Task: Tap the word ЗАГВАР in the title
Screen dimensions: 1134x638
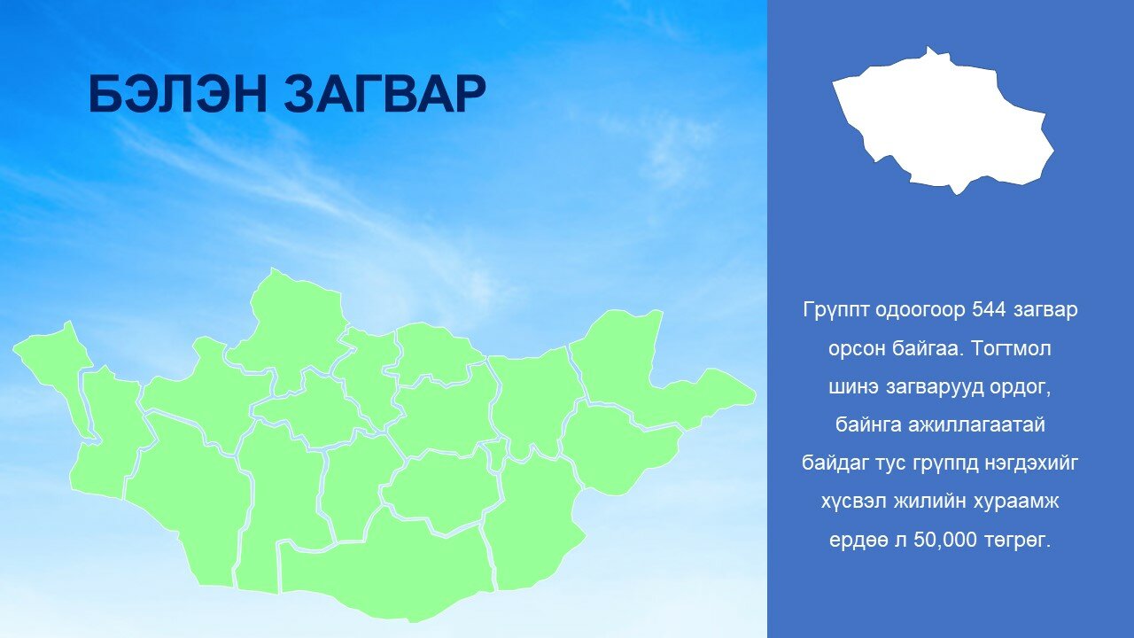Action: tap(384, 94)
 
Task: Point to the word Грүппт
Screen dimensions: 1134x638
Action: tap(835, 310)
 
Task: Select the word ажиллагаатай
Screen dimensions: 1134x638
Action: tap(976, 425)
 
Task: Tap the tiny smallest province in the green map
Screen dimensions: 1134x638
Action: tap(497, 454)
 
